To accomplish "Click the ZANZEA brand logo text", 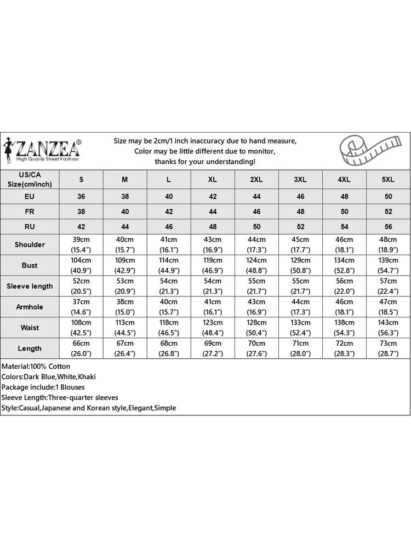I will click(49, 148).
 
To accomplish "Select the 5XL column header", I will click(388, 180).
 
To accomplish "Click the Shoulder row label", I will click(30, 244).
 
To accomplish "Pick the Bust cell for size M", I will click(125, 265).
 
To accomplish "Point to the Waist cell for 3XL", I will click(300, 328).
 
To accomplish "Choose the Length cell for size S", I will click(81, 349).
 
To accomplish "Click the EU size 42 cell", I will click(213, 196).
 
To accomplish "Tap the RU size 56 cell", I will click(388, 226).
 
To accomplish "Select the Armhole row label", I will click(30, 307).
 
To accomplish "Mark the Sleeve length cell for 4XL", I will click(344, 286).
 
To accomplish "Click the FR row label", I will click(30, 212).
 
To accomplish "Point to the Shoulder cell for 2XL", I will click(256, 244).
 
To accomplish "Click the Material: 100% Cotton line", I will click(36, 367).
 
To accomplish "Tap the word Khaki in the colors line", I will click(87, 377).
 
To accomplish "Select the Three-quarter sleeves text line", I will click(60, 398).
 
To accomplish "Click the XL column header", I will click(213, 180).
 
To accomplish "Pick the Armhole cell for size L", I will click(169, 307).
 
